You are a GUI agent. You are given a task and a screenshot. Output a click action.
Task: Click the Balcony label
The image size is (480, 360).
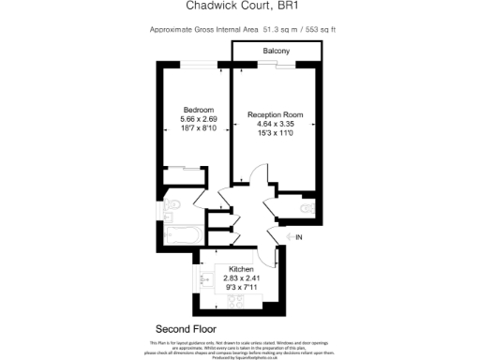pyautogui.click(x=276, y=50)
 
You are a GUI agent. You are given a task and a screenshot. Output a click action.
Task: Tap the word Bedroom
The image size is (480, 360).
pyautogui.click(x=198, y=111)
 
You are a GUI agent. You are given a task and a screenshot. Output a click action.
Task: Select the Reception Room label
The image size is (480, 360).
pyautogui.click(x=277, y=115)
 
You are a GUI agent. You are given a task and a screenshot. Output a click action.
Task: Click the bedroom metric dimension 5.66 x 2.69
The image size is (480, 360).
pyautogui.click(x=198, y=119)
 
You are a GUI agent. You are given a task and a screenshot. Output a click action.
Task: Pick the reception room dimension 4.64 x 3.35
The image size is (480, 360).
pyautogui.click(x=277, y=124)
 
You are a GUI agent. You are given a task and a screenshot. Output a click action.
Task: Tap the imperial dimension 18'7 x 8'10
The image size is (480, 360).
pyautogui.click(x=198, y=128)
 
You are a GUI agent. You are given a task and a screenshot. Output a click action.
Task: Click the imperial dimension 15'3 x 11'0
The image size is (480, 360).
pyautogui.click(x=277, y=133)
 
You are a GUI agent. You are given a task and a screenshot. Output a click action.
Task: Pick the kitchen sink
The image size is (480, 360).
pyautogui.click(x=207, y=278)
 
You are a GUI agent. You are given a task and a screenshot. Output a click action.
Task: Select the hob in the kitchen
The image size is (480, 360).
pyautogui.click(x=236, y=301)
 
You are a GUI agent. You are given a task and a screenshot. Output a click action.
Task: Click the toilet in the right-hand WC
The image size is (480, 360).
pyautogui.click(x=308, y=207)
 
